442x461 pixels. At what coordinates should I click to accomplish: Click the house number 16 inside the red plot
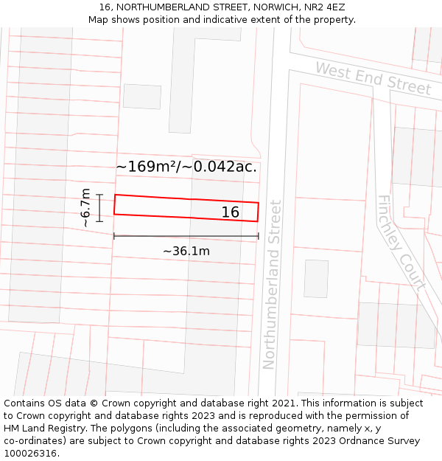231,212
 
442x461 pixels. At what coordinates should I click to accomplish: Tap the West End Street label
373,78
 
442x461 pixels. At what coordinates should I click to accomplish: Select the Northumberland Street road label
271,284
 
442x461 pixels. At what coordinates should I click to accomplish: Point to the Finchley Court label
401,243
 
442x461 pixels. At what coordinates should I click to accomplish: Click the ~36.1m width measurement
186,252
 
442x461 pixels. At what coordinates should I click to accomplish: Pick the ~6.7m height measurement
85,207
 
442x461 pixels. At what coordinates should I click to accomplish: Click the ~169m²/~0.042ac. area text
186,167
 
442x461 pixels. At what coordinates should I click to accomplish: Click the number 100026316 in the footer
30,454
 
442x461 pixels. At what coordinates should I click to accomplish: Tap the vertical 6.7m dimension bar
99,207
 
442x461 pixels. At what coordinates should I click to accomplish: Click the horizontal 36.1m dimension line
186,236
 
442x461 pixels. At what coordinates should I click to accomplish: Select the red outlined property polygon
162,207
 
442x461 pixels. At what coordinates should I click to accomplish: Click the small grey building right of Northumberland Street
316,278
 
